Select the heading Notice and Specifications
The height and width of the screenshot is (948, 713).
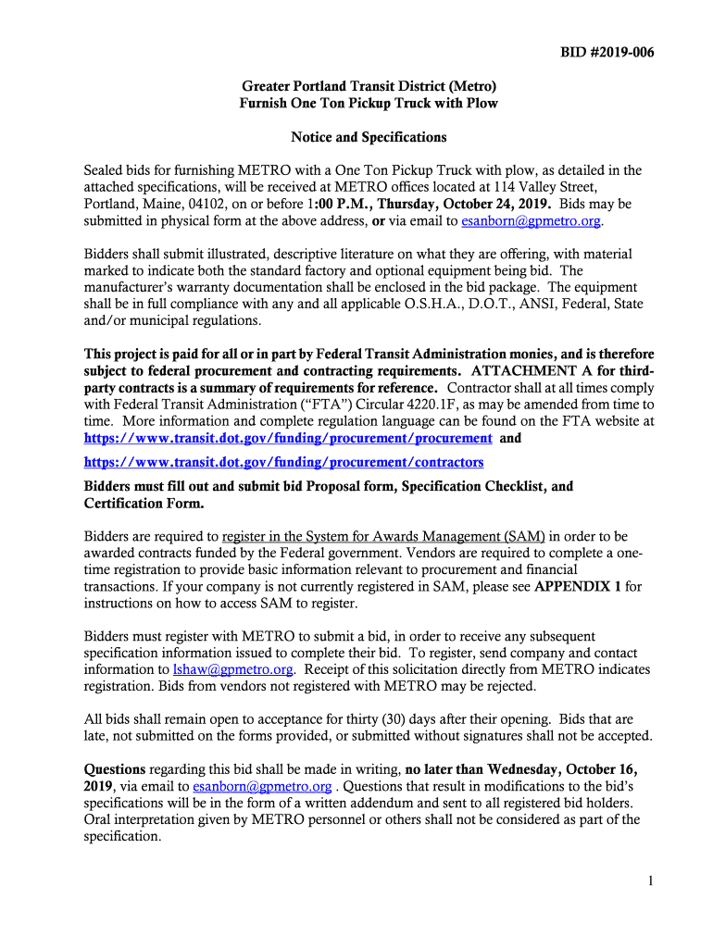point(369,137)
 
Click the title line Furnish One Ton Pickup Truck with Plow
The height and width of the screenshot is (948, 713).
point(369,104)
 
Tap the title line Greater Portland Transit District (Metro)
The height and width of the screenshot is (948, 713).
point(369,87)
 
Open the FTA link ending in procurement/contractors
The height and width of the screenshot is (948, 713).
point(284,462)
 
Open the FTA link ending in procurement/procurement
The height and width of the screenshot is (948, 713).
point(288,438)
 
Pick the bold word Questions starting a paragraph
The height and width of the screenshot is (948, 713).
point(115,769)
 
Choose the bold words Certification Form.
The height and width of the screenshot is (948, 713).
point(144,504)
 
